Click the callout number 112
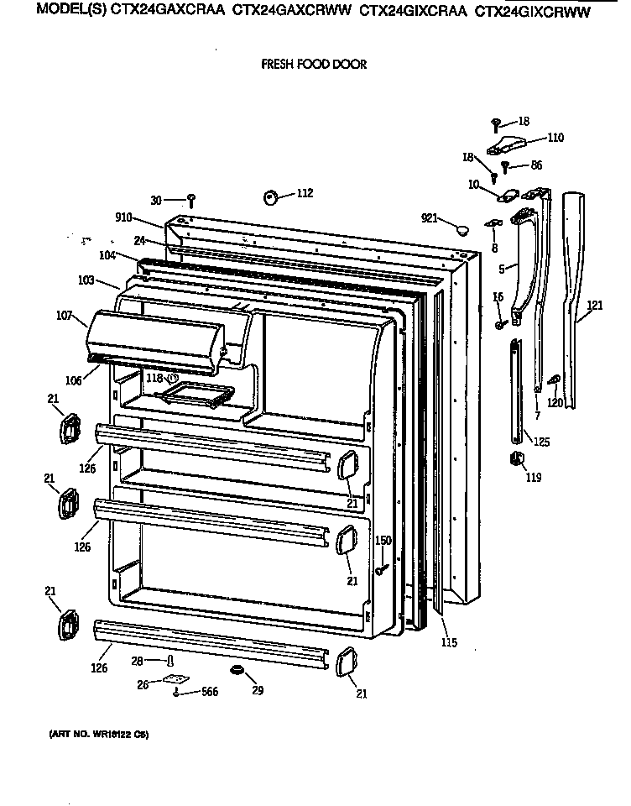304,193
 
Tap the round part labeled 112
272,197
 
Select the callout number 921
430,218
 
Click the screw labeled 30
192,200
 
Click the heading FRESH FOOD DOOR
314,64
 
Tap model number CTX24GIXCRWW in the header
533,13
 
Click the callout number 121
594,306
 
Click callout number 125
542,442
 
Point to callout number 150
383,541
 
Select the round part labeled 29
236,669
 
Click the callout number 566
210,693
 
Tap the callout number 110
555,138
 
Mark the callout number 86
536,166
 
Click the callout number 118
154,379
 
